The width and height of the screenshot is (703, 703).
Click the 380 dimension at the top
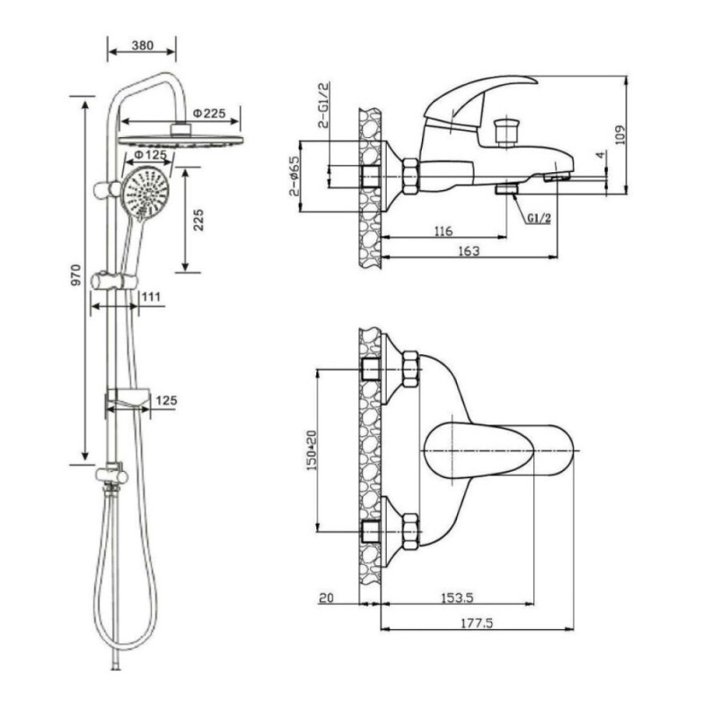142,46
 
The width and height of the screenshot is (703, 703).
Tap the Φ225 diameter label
209,113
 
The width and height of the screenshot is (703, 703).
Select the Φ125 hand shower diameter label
150,156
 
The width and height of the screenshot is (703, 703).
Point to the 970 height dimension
76,275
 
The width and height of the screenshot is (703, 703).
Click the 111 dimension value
151,297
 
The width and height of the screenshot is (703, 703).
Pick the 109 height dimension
620,134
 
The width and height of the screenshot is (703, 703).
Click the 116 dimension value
444,231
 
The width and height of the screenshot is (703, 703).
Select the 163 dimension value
468,251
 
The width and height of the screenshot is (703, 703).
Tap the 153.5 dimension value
457,598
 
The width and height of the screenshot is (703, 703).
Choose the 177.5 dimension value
476,623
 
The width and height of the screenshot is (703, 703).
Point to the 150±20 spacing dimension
311,450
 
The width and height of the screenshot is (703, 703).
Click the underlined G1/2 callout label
539,218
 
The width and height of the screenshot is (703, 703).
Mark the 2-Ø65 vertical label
294,176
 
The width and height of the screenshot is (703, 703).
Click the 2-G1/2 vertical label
323,105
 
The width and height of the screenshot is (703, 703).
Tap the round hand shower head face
146,193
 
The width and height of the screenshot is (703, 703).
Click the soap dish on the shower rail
127,399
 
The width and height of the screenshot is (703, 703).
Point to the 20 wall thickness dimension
326,598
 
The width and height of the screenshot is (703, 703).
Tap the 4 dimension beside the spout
601,155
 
